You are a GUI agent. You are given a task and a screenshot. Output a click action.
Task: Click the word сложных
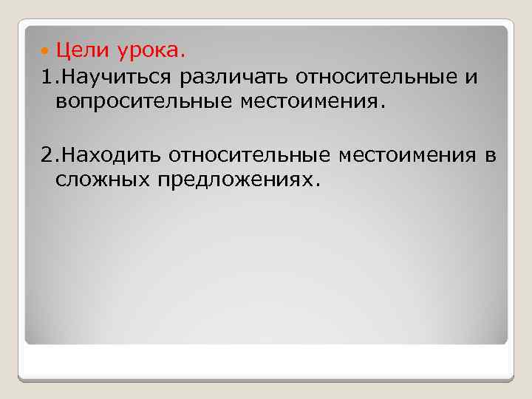click(101, 180)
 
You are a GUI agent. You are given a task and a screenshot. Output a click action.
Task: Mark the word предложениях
click(234, 180)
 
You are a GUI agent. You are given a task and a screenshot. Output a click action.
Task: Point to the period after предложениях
click(319, 185)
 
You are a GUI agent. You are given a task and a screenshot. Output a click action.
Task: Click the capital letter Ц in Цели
click(63, 51)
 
